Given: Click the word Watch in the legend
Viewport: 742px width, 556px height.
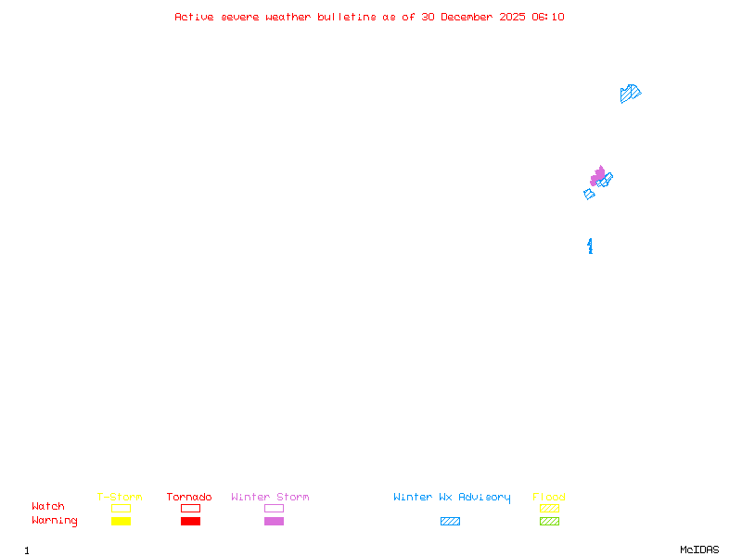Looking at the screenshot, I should (48, 507).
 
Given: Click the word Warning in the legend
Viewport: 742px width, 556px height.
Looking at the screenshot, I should (55, 521).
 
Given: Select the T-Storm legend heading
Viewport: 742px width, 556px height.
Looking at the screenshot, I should (120, 498).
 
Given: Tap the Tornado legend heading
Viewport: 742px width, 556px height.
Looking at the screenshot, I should (189, 498).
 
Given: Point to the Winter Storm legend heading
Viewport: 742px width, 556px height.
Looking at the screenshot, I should (270, 498).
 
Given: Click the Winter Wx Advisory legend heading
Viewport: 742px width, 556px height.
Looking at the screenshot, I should (452, 498).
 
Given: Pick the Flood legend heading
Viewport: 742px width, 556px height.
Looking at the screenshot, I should (549, 498).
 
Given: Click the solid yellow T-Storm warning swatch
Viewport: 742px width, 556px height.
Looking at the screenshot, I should (121, 521).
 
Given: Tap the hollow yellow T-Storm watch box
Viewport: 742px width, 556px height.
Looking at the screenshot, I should (121, 508).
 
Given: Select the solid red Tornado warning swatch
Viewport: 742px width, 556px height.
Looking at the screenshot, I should (190, 521).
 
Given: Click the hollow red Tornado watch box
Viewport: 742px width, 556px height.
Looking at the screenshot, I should (190, 508).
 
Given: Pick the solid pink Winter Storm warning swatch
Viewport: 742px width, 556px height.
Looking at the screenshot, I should (274, 521).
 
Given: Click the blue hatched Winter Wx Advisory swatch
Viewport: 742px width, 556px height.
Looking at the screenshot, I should (450, 521).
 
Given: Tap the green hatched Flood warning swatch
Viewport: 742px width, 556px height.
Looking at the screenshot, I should (549, 521).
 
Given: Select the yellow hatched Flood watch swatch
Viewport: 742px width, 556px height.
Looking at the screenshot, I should (549, 508).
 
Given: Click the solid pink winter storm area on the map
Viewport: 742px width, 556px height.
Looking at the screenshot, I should (597, 175).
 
